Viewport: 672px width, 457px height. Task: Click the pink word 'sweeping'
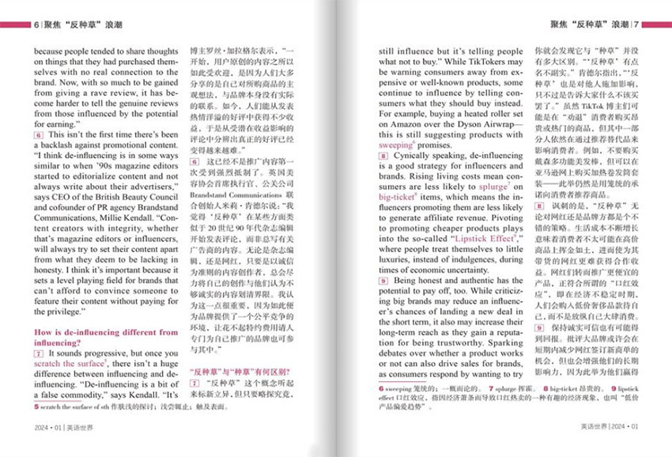point(395,145)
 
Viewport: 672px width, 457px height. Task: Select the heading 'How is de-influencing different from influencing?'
point(106,338)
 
